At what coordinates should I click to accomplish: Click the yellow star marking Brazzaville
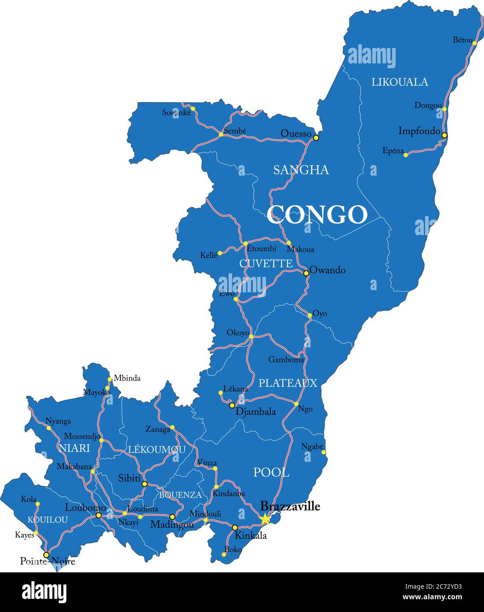coord(265,519)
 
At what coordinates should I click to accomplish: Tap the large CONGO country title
coord(317,215)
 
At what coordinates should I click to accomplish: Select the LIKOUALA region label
coord(400,82)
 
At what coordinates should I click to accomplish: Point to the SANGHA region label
coord(301,170)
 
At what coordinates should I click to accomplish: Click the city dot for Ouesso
coord(316,138)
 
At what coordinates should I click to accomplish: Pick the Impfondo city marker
coord(444,135)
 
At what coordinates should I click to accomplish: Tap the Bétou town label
coord(462,40)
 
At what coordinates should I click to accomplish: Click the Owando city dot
coord(306,273)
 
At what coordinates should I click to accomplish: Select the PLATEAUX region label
coord(287,383)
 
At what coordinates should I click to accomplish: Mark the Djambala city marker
coord(232,405)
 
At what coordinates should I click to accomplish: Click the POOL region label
coord(271,473)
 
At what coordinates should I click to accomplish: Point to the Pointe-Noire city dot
coord(46,555)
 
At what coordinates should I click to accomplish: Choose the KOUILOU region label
coord(47,520)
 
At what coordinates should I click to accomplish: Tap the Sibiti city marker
coord(145,484)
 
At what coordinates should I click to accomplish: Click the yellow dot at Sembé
coord(221,134)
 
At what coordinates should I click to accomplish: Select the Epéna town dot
coord(406,155)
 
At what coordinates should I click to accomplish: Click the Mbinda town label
coord(127,378)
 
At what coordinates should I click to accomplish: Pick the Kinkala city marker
coord(235,527)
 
